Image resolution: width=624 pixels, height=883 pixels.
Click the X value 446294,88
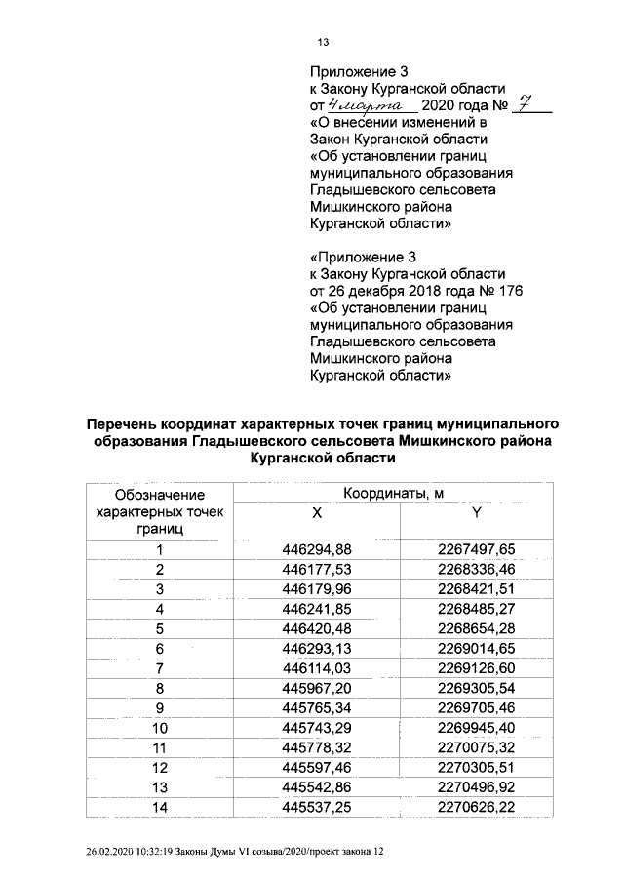[316, 549]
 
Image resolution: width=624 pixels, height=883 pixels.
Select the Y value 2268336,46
[476, 568]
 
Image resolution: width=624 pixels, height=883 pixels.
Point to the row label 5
[159, 627]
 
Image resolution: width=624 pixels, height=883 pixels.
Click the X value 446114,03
[316, 666]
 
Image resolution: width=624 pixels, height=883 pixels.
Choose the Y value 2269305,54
[476, 687]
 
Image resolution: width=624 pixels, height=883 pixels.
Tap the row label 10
[159, 727]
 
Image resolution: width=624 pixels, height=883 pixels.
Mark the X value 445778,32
[316, 746]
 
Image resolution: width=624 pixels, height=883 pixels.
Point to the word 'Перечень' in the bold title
[126, 424]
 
